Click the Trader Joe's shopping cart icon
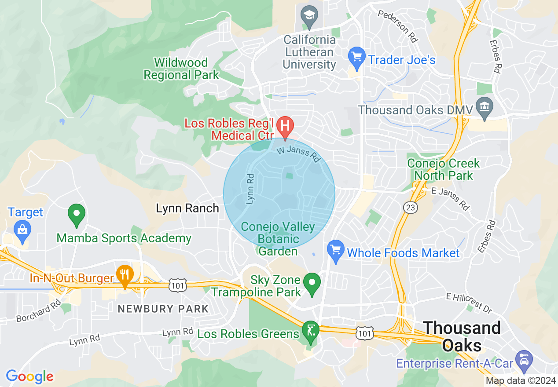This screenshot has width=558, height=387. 356,57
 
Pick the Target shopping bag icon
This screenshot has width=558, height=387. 21,229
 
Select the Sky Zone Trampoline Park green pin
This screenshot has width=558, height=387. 312,283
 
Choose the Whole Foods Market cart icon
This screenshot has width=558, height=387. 336,251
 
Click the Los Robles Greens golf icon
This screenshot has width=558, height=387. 311,331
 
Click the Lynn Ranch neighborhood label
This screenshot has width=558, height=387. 187,208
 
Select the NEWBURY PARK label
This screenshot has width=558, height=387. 163,308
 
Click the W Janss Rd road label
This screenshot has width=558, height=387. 298,153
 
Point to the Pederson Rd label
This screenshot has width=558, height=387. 397,26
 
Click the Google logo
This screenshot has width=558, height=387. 29,376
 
